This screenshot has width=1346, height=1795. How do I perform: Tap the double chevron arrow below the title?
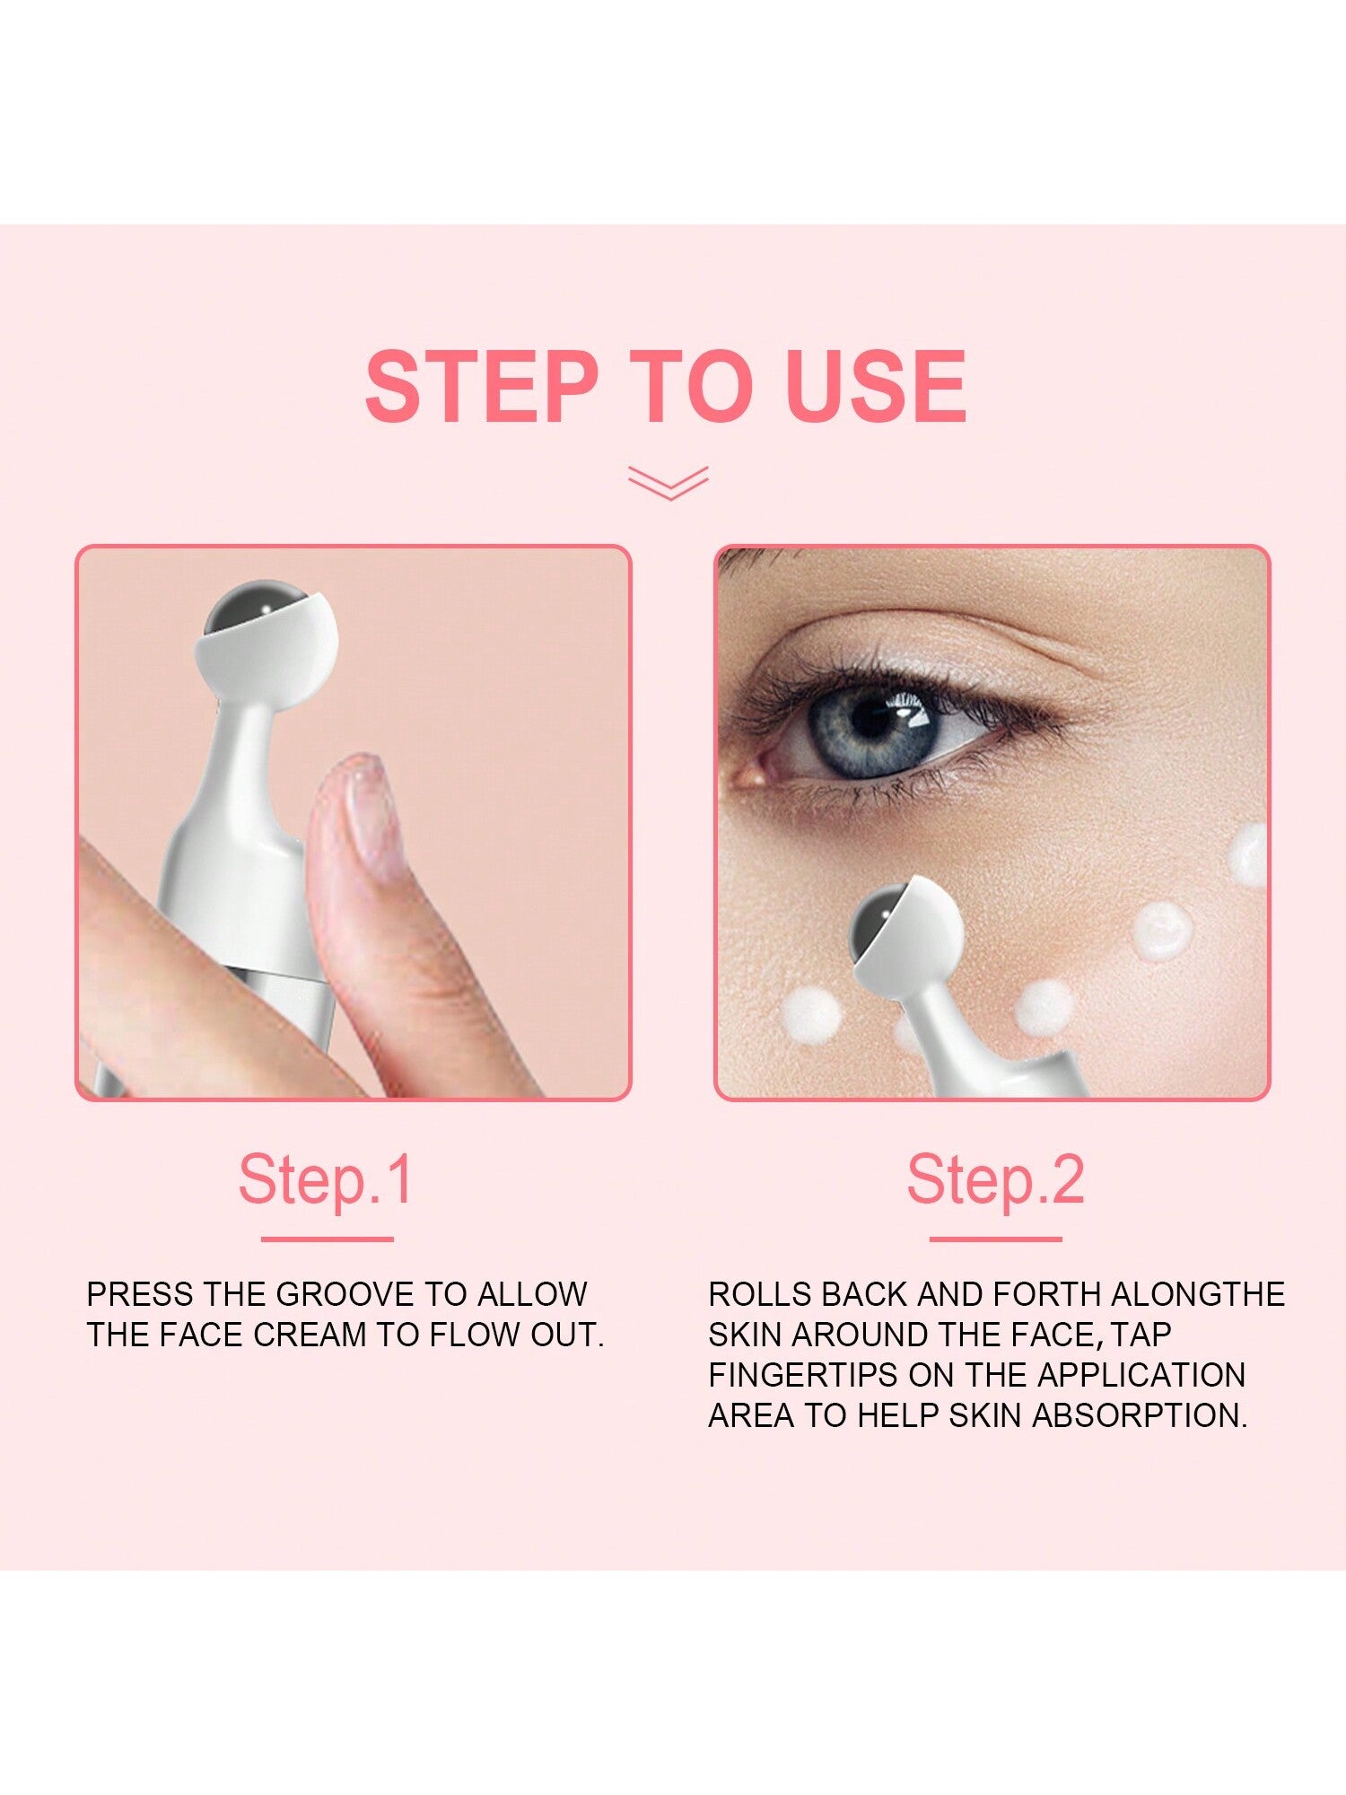[669, 483]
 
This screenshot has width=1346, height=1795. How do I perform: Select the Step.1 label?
[326, 1179]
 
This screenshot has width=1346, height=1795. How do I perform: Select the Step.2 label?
[995, 1179]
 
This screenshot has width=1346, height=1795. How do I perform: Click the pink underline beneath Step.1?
[328, 1239]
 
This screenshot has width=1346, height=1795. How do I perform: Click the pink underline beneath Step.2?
[995, 1239]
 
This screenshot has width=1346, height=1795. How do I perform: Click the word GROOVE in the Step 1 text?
[345, 1294]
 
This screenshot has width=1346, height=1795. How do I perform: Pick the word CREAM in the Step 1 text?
[309, 1335]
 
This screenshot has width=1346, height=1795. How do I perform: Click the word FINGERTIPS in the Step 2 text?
[804, 1375]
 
